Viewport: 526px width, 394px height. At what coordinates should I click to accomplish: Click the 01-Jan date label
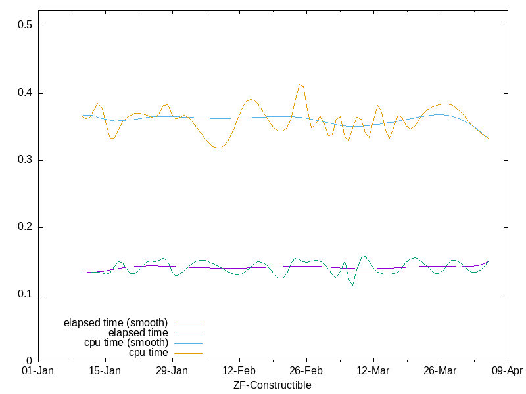37,371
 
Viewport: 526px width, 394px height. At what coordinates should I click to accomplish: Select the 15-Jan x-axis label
105,371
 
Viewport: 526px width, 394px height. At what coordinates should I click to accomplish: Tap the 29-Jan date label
172,371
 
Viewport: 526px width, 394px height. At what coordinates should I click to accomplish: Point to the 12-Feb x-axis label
239,371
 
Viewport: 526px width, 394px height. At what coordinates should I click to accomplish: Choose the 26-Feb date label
306,371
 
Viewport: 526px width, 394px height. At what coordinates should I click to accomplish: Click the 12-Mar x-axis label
373,371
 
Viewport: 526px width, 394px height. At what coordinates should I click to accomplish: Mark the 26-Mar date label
440,371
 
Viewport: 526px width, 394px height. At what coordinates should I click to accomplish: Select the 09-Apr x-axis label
507,371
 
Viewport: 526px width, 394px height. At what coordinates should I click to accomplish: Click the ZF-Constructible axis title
272,385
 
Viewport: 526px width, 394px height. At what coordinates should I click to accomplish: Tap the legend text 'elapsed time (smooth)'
116,323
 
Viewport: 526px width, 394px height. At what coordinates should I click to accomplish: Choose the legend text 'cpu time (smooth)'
126,343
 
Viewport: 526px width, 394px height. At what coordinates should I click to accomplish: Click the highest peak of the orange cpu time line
300,84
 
